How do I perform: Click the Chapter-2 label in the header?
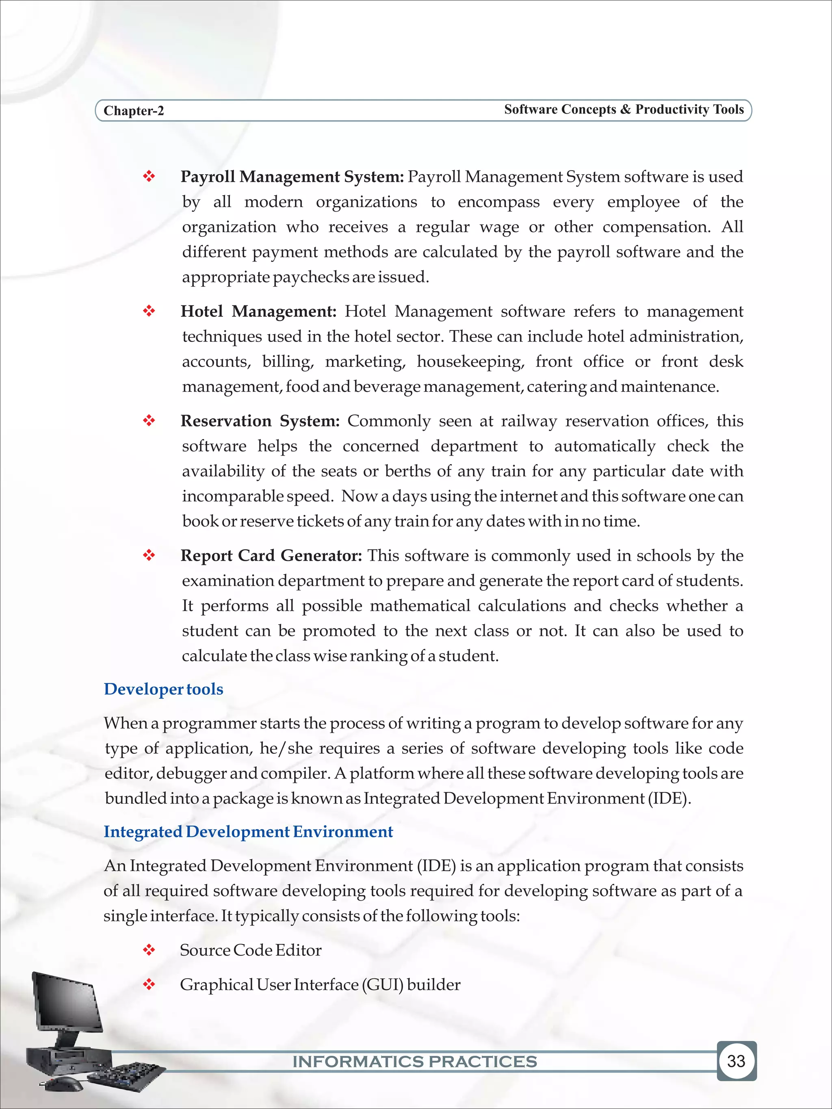133,111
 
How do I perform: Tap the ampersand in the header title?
625,109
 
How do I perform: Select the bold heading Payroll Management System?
292,177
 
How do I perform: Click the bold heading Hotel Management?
258,311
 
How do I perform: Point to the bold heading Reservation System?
260,421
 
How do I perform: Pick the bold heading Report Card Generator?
271,556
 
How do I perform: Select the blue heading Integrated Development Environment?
248,832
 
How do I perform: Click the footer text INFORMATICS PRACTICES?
415,1061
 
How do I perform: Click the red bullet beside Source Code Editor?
149,950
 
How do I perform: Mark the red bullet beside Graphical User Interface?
149,985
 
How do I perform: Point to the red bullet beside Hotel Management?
149,311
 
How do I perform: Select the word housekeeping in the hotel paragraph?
470,362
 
